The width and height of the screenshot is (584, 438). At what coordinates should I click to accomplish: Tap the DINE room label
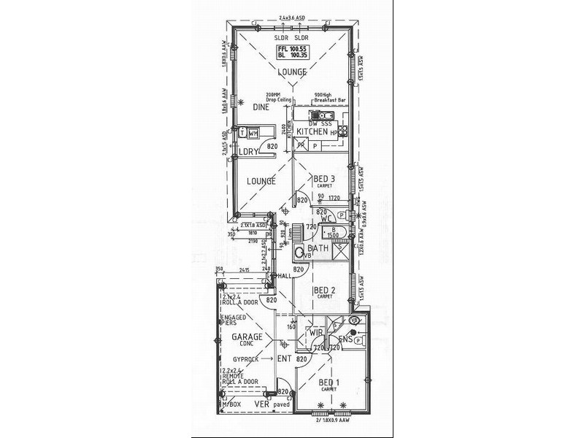(x=261, y=107)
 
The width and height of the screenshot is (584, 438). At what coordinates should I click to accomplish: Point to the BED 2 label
(x=323, y=290)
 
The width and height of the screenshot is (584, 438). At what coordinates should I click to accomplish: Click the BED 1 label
(x=329, y=383)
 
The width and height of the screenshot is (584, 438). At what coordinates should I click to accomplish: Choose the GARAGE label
(x=247, y=337)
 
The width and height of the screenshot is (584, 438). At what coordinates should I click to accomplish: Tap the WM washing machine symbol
(x=253, y=134)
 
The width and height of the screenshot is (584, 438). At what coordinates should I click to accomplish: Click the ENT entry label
(x=285, y=360)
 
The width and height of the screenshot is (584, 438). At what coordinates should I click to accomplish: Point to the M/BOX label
(x=233, y=404)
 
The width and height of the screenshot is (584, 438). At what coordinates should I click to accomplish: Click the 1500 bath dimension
(x=332, y=236)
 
